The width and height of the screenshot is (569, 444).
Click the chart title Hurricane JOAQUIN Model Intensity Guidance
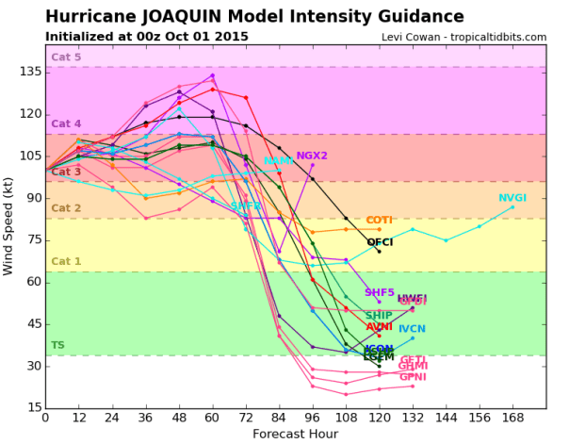tap(254, 16)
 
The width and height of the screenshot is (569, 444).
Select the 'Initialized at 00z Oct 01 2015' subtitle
tap(147, 37)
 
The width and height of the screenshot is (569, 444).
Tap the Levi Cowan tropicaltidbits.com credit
tap(463, 37)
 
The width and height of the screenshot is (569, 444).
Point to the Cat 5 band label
tap(66, 58)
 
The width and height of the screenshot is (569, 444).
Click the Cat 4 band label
tap(66, 123)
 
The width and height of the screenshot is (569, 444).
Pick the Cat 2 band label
tap(66, 208)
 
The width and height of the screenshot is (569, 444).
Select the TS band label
tap(57, 345)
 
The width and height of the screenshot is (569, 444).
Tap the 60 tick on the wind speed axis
tap(32, 282)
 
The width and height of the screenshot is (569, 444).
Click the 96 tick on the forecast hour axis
tap(313, 418)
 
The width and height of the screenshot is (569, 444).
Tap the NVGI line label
tap(513, 198)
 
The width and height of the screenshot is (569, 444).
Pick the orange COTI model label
tap(380, 220)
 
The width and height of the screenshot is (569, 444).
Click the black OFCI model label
tap(380, 242)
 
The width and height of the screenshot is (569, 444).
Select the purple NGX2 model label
tap(312, 156)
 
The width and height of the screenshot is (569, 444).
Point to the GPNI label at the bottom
tap(413, 377)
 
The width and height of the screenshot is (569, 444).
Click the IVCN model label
tap(412, 329)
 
